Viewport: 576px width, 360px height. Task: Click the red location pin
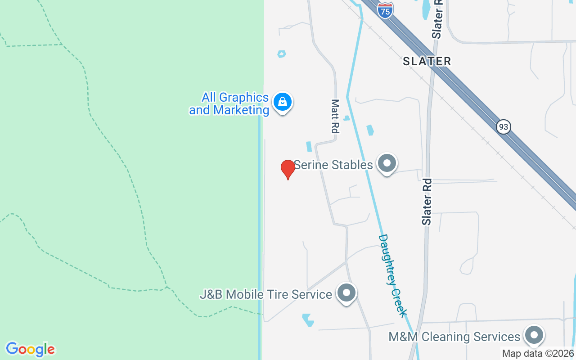coord(288,169)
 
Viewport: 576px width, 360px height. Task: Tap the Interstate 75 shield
coord(385,9)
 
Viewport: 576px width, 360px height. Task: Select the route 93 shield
coord(504,127)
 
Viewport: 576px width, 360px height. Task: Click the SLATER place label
coord(427,61)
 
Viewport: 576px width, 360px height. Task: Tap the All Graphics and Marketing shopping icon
coord(282,102)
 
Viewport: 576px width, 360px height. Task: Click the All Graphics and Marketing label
coord(229,104)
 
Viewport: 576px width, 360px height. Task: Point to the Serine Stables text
coord(333,165)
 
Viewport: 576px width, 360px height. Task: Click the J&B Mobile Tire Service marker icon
coord(346,293)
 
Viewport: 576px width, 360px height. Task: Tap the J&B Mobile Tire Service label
coord(266,295)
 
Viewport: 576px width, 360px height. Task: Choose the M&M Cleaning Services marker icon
coord(534,335)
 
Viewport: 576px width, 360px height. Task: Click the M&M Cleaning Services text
coord(454,337)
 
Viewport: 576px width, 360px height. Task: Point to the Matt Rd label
coord(335,117)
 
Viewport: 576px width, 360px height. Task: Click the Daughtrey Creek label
coord(393,275)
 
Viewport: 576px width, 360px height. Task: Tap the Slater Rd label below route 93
coord(427,202)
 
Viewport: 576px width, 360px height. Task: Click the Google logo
coord(30,349)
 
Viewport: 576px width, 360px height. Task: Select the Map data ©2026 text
coord(538,354)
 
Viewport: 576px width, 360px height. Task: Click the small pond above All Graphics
coord(281,54)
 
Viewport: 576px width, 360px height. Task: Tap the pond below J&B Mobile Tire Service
coord(308,319)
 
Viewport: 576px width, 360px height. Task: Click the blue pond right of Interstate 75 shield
coord(426,9)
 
